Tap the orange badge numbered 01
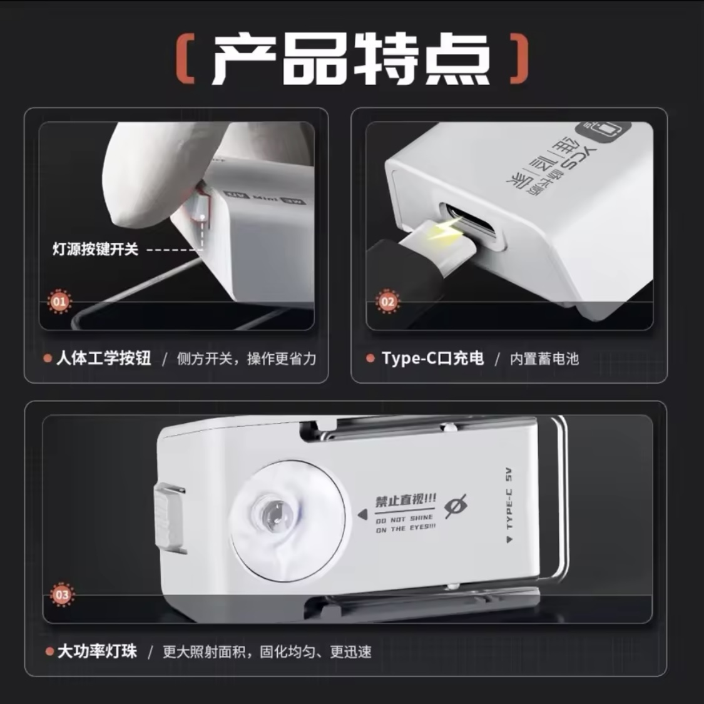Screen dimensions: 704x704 (59, 302)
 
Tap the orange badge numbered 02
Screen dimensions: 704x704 (388, 302)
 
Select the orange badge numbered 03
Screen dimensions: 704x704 (62, 594)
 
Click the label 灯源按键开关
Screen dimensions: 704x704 (95, 250)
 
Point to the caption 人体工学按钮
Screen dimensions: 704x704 (104, 359)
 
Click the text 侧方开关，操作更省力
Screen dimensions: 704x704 (247, 359)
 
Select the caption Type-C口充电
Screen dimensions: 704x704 (433, 359)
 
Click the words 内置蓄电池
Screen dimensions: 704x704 (544, 359)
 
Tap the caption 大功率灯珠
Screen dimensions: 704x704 (97, 651)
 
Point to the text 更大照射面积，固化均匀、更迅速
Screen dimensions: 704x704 (267, 651)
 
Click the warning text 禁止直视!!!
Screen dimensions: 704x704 (406, 501)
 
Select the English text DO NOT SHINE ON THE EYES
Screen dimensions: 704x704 (405, 524)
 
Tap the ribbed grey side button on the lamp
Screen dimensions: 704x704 (168, 517)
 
